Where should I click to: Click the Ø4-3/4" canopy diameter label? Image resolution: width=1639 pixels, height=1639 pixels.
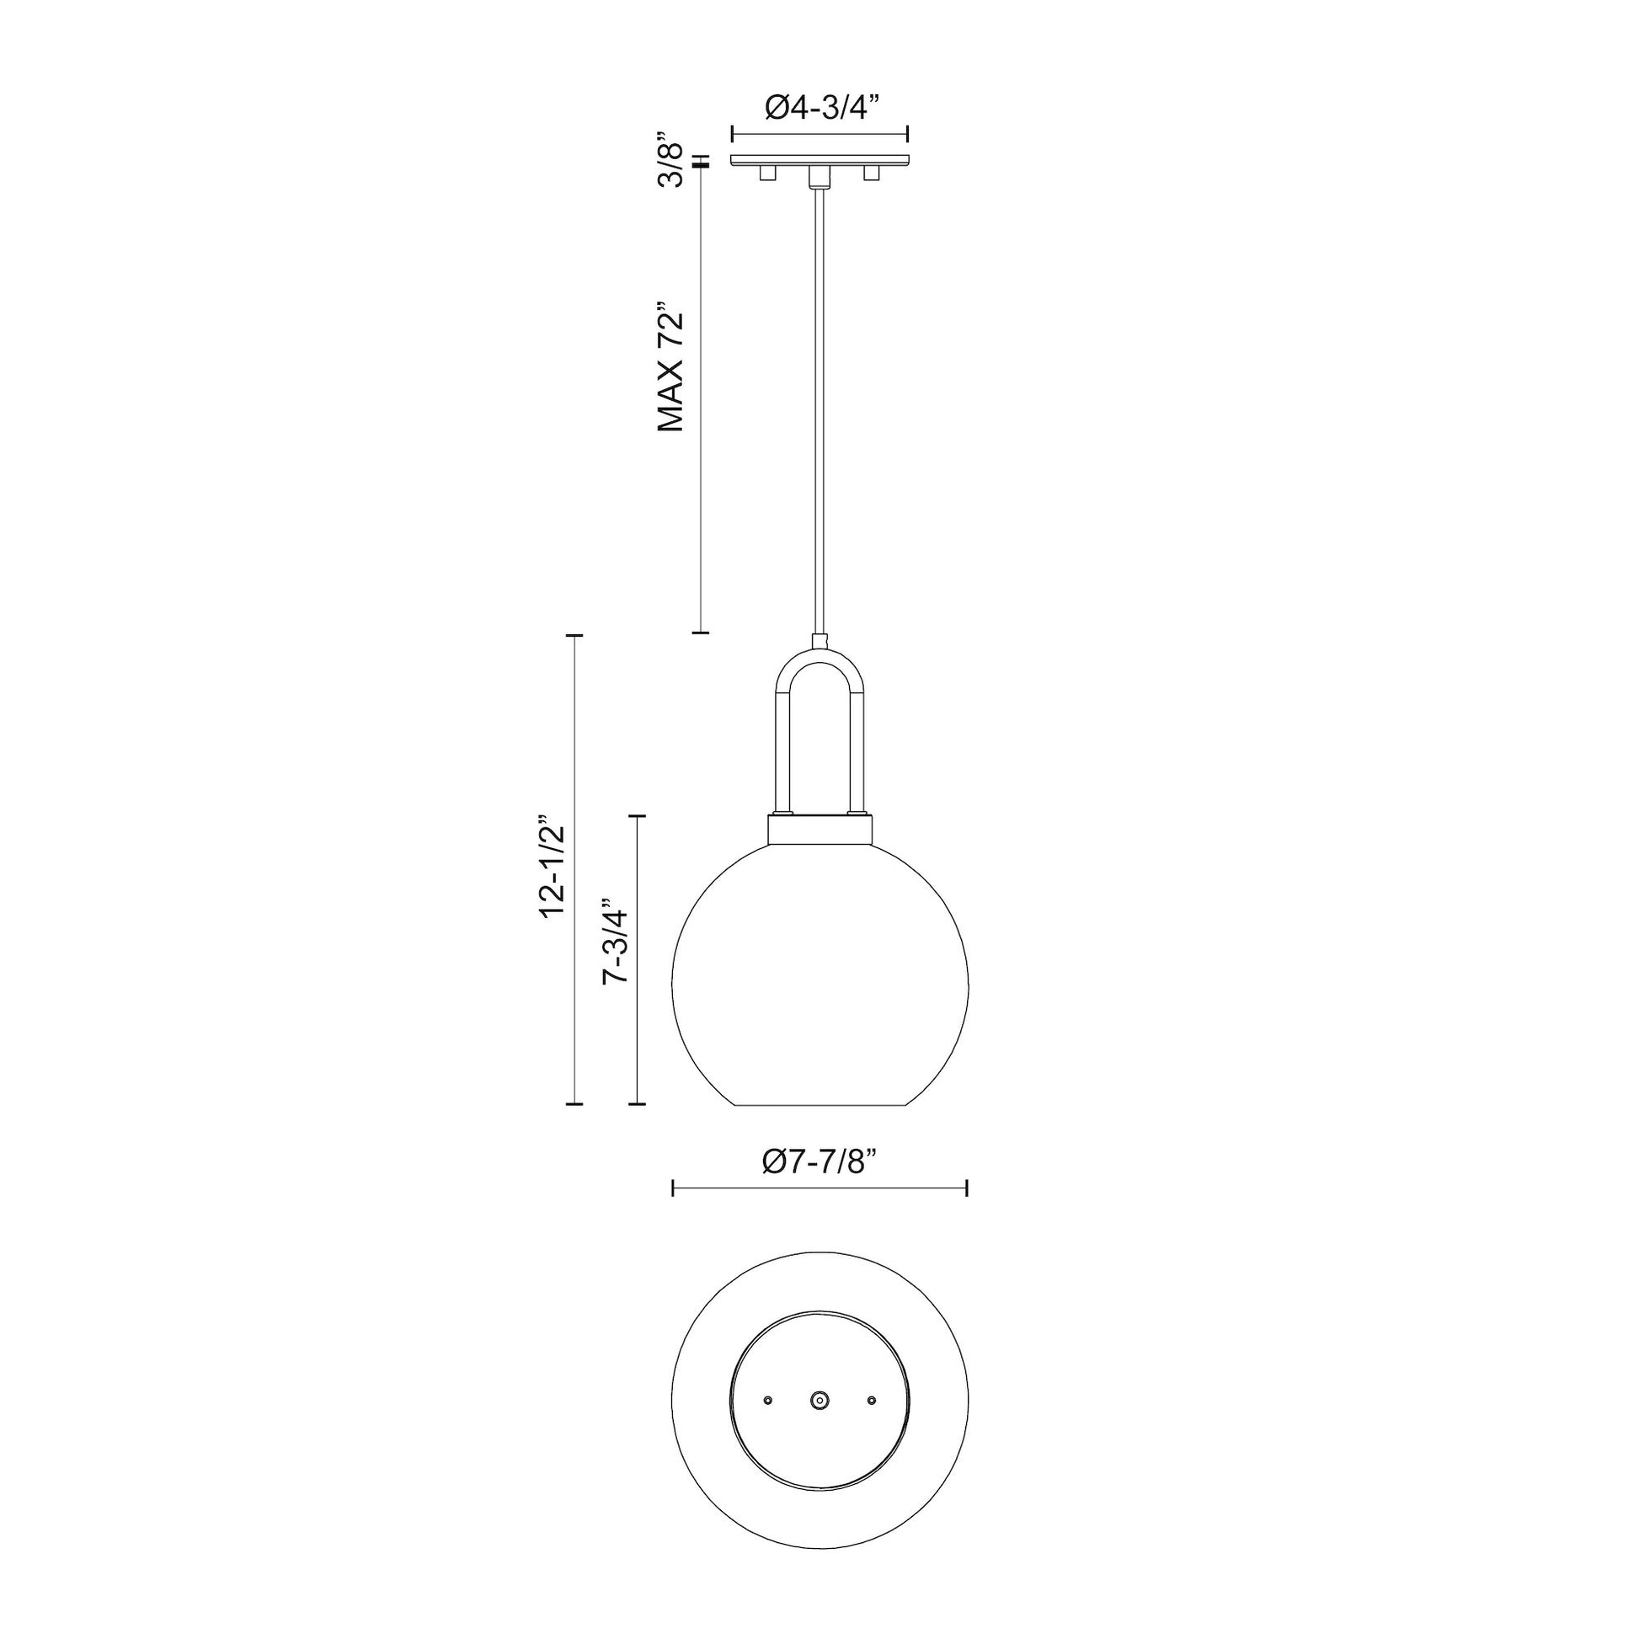coord(819,108)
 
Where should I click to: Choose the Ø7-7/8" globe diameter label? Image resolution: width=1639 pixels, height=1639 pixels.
coord(819,1161)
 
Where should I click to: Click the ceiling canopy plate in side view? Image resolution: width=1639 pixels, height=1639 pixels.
coord(819,160)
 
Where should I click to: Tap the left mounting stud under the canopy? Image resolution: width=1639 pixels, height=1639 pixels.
coord(768,173)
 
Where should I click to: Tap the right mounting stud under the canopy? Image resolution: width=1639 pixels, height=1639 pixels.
coord(870,173)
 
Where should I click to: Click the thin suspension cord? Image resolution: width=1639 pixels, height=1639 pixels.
coord(819,407)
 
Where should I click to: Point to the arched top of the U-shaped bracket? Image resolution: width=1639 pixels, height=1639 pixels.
coord(819,659)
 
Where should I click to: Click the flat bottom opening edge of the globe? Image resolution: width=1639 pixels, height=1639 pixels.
coord(819,1105)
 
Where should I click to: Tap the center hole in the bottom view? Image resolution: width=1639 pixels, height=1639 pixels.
coord(819,1398)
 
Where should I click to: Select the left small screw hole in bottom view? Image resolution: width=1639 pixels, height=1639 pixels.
coord(768,1398)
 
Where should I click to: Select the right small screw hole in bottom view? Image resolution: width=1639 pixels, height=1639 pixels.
coord(871,1398)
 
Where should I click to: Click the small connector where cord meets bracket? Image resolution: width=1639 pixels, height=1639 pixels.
coord(819,640)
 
